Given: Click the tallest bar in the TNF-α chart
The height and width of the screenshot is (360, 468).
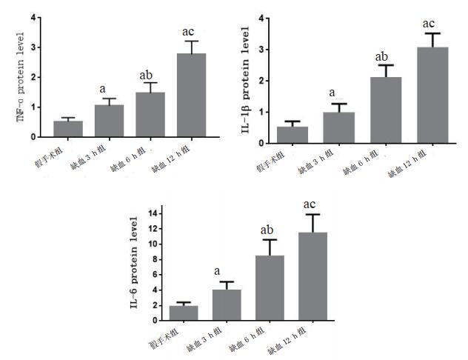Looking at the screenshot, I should click(191, 95).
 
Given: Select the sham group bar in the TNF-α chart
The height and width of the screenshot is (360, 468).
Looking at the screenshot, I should click(68, 129).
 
